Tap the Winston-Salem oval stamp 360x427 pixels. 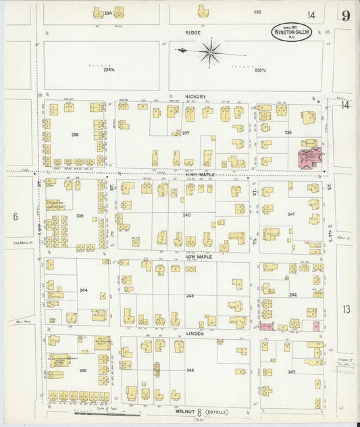292,32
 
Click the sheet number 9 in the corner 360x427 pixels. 345,16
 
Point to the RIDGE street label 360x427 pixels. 194,32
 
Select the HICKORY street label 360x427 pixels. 196,97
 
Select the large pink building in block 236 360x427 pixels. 311,160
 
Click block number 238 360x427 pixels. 75,134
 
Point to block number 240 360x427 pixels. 186,215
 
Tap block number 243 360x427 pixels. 190,295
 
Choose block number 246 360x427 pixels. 190,370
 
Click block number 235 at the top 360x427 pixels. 257,12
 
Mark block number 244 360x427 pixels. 84,289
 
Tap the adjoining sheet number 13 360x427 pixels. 346,309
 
